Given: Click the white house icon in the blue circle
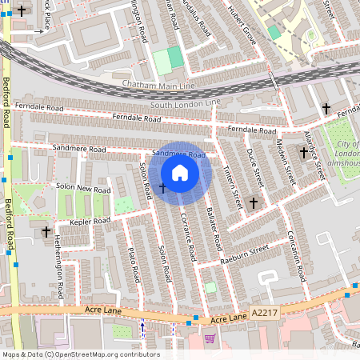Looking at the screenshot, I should click(x=180, y=173).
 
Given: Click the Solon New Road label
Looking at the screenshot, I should click(x=83, y=190).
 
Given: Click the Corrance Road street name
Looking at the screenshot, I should click(x=188, y=238).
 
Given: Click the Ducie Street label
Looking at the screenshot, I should click(x=254, y=165).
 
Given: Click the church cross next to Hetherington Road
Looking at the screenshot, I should click(x=46, y=232).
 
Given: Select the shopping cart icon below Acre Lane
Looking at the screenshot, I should click(x=210, y=338).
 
